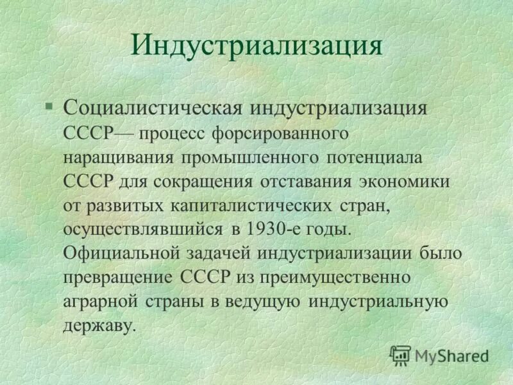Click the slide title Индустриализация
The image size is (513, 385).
pyautogui.click(x=256, y=46)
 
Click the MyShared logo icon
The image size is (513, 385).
pyautogui.click(x=400, y=355)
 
